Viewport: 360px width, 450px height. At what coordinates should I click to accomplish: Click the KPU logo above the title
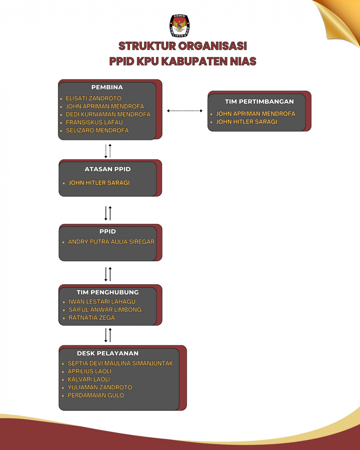point(180,26)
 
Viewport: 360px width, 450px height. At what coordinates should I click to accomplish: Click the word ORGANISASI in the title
point(213,46)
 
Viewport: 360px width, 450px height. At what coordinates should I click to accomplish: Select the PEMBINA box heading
point(107,87)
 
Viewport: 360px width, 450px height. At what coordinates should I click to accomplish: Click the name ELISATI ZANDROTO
point(94,98)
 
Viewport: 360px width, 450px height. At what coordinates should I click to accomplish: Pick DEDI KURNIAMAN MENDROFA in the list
point(108,114)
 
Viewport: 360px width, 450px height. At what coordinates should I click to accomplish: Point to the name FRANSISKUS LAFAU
point(94,122)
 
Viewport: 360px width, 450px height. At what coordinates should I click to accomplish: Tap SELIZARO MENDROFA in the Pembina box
point(97,130)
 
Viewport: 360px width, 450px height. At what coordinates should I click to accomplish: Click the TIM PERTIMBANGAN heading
point(259,101)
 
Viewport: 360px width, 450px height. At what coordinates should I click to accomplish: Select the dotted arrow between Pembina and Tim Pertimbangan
point(185,111)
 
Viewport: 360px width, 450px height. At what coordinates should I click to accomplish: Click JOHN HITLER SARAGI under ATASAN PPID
point(99,183)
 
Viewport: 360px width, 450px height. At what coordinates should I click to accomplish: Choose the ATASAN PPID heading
point(108,169)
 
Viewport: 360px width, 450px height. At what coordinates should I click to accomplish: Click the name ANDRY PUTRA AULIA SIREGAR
point(111,242)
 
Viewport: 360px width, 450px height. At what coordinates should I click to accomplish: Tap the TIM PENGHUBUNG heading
point(108,292)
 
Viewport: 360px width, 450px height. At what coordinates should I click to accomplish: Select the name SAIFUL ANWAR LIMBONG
point(105,309)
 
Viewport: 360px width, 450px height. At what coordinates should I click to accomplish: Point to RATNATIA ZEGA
point(92,318)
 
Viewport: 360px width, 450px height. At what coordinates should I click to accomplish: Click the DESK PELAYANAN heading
point(108,353)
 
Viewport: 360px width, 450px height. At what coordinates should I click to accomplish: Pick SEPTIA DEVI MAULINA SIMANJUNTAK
point(120,363)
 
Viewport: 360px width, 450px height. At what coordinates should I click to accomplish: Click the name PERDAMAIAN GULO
point(96,395)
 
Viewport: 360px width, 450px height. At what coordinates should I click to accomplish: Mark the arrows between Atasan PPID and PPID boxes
point(108,213)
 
